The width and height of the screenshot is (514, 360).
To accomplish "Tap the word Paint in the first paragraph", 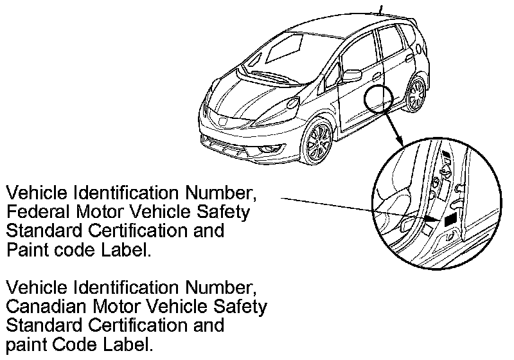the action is click(x=25, y=250).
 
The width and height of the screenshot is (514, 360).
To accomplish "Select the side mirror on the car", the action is click(x=353, y=75).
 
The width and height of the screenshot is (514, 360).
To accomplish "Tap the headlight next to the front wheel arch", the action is click(x=292, y=102).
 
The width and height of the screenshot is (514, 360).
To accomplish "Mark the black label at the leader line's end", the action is click(x=449, y=219).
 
